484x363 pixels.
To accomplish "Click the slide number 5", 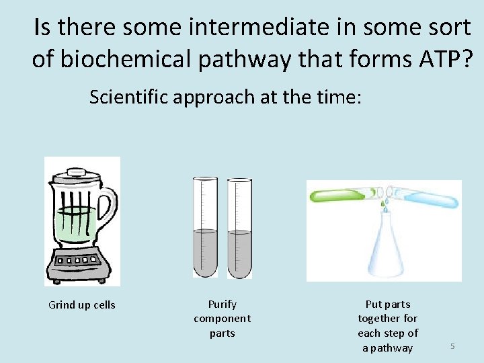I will (452, 346).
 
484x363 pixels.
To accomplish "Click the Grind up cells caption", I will (82, 305).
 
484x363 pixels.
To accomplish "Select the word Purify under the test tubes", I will (223, 305).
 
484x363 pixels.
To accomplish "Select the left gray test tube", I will (206, 229).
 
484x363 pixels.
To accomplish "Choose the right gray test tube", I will (239, 229).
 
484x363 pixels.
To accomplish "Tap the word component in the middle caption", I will (223, 319).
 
